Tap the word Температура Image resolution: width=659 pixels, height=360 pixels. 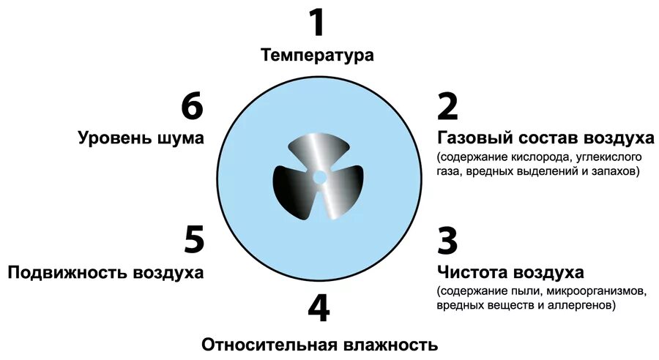pos(317,55)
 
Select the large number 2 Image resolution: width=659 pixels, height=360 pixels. pos(447,106)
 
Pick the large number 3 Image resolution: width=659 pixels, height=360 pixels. pos(447,241)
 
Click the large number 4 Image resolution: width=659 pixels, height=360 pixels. pos(318,310)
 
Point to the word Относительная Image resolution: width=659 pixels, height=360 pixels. pos(268,345)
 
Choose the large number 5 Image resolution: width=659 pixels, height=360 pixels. pos(193,241)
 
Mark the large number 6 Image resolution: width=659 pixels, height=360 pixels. pos(192,106)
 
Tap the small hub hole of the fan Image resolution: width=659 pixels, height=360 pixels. pos(319,177)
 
